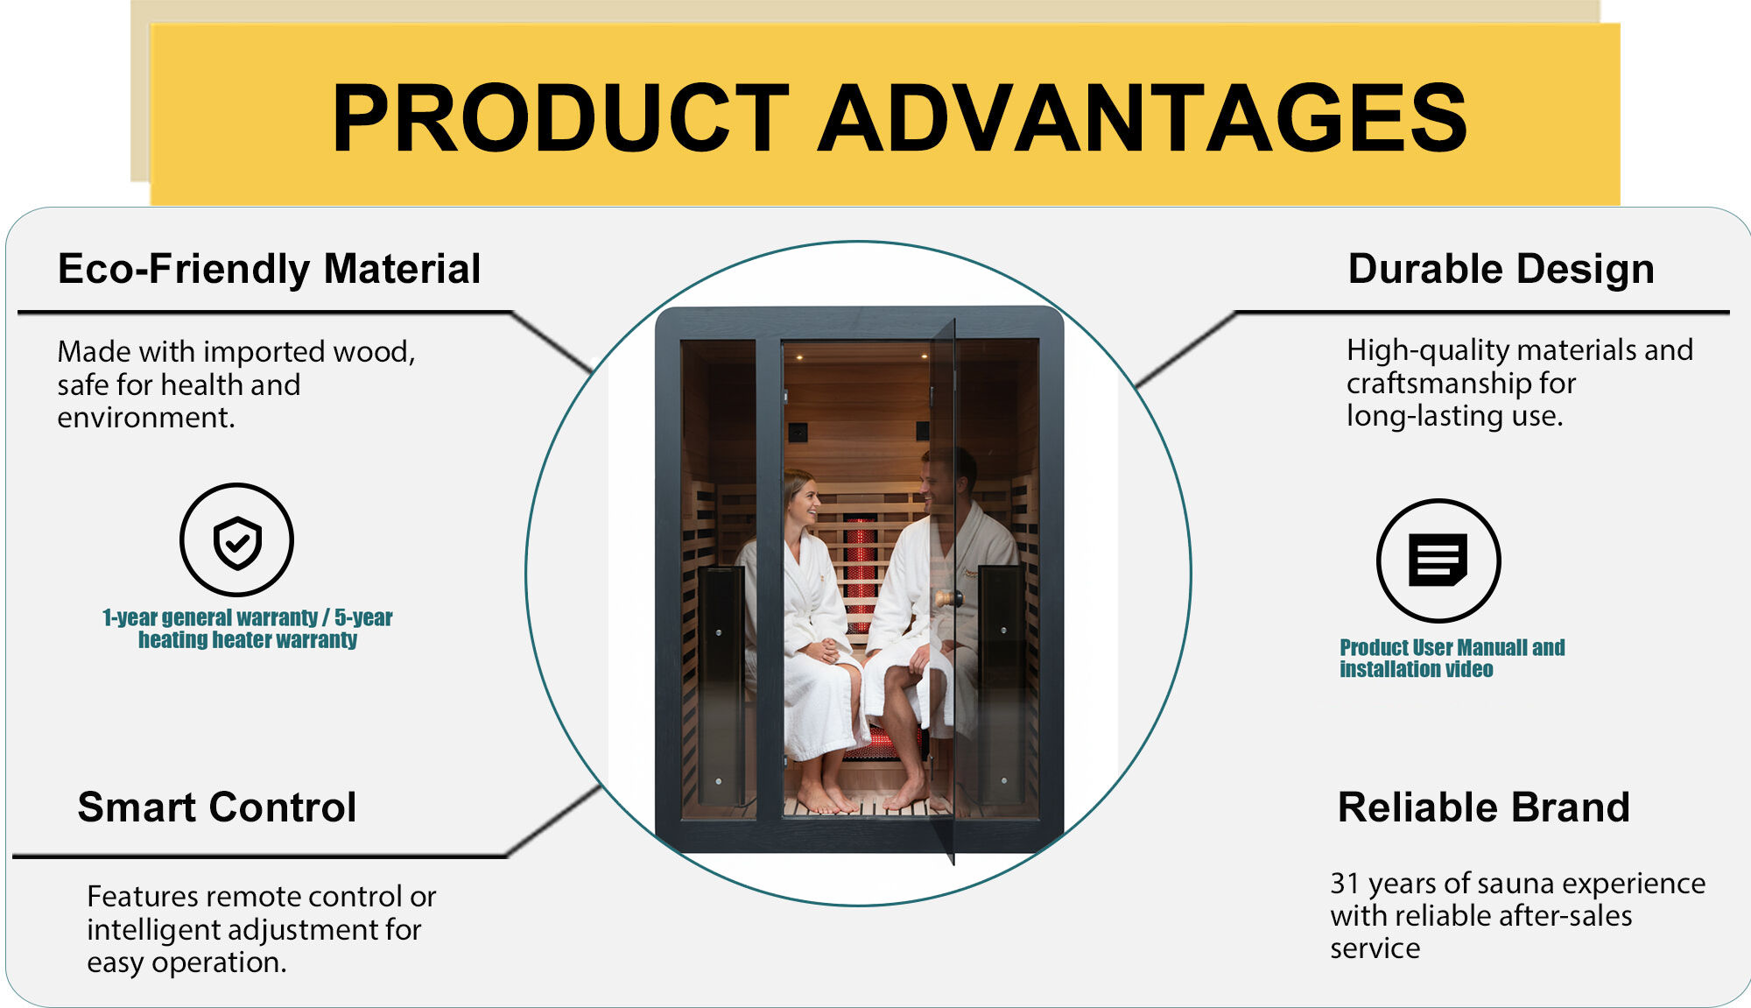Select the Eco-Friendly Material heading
pos(269,269)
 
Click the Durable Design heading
pos(1501,269)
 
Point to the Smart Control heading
pos(216,807)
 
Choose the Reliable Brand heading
pos(1483,807)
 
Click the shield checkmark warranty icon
pos(236,540)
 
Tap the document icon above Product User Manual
pos(1438,560)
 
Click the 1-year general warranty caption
pos(247,629)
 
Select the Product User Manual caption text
pos(1452,658)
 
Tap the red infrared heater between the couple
pos(860,569)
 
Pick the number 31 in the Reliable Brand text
pos(1344,884)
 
